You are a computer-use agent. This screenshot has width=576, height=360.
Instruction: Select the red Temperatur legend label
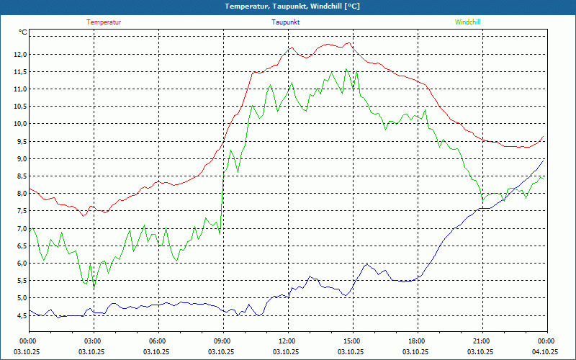(x=104, y=22)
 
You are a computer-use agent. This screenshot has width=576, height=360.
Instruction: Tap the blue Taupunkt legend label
(x=286, y=22)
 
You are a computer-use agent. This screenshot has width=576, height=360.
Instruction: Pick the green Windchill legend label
(x=468, y=22)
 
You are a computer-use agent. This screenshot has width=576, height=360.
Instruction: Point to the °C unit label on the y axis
(x=22, y=32)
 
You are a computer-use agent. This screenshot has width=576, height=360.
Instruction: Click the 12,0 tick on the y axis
(x=19, y=55)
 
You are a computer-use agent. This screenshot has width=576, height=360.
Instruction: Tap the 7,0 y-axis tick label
(x=20, y=229)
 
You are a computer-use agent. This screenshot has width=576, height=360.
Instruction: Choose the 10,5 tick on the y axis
(x=19, y=107)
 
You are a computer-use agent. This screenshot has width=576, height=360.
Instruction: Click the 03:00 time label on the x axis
(x=93, y=341)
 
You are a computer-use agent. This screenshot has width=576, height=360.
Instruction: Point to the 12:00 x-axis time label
(x=287, y=341)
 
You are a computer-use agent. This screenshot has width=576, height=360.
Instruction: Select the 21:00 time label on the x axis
(x=481, y=341)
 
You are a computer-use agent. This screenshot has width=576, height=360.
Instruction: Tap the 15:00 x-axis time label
(x=351, y=341)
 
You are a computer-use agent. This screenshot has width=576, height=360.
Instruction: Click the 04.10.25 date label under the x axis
(x=546, y=352)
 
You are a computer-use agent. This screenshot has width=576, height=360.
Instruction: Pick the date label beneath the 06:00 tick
(x=158, y=352)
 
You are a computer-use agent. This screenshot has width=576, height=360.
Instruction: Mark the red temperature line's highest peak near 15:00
(x=349, y=42)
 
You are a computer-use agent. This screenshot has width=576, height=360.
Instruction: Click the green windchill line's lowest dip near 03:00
(x=94, y=287)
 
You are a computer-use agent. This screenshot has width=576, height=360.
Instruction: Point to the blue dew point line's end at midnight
(x=544, y=160)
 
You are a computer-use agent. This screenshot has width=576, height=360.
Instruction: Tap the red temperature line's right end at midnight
(x=544, y=136)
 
